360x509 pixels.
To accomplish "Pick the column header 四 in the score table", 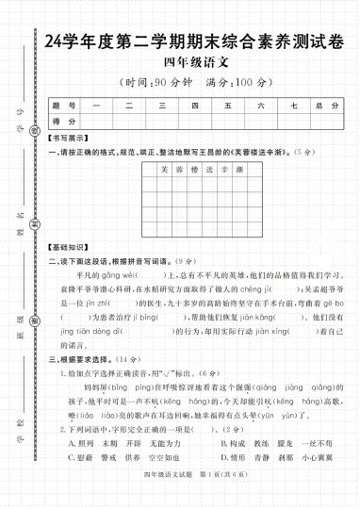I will click(195, 105).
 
